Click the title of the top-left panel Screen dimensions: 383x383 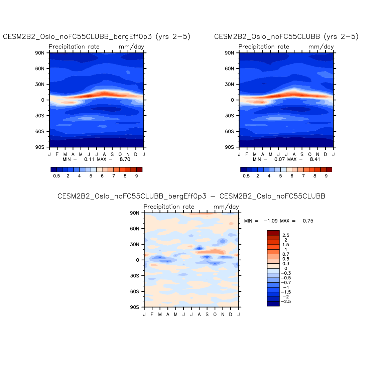click(x=97, y=37)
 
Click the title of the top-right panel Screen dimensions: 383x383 click(x=286, y=36)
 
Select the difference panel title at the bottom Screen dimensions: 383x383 click(x=191, y=196)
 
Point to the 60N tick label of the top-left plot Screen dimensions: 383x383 click(x=40, y=69)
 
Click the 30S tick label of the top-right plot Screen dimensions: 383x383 click(x=229, y=116)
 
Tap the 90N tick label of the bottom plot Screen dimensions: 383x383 click(x=135, y=213)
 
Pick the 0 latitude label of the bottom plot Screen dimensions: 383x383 click(x=137, y=260)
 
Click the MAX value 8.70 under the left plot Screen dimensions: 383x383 click(x=125, y=159)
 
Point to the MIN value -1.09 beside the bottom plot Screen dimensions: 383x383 click(x=271, y=221)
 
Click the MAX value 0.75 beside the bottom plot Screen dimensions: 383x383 click(x=308, y=221)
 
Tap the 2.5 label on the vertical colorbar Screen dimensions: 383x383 click(x=286, y=235)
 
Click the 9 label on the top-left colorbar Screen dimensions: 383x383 click(x=136, y=176)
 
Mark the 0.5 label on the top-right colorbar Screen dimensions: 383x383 click(x=246, y=176)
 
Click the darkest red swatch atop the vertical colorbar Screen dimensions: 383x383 click(x=273, y=233)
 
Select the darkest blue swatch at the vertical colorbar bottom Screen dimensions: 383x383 click(x=273, y=304)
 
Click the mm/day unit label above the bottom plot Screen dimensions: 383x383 click(x=226, y=207)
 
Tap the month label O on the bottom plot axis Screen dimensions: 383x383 click(x=215, y=314)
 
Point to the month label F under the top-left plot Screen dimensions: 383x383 click(x=57, y=154)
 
